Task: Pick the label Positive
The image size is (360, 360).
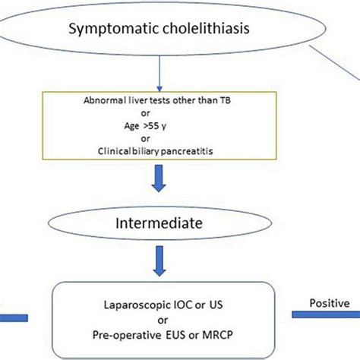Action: coord(328,303)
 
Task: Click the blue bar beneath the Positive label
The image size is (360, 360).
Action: coord(326,316)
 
